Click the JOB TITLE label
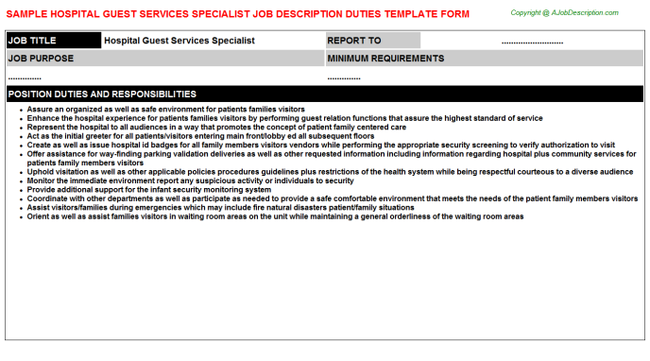pyautogui.click(x=31, y=41)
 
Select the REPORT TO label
pyautogui.click(x=354, y=41)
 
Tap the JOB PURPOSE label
pyautogui.click(x=40, y=59)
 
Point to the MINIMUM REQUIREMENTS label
pyautogui.click(x=385, y=59)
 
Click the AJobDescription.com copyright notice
pyautogui.click(x=565, y=12)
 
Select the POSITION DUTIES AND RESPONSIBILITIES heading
pyautogui.click(x=102, y=95)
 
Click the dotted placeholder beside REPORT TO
pyautogui.click(x=531, y=43)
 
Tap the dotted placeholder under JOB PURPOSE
pyautogui.click(x=25, y=77)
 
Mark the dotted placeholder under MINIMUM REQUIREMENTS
pyautogui.click(x=344, y=77)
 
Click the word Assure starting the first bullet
pyautogui.click(x=39, y=110)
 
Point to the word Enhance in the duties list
pyautogui.click(x=42, y=118)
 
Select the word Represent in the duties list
pyautogui.click(x=44, y=127)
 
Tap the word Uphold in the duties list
pyautogui.click(x=40, y=172)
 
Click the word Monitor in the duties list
pyautogui.click(x=42, y=180)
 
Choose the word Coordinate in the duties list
pyautogui.click(x=47, y=198)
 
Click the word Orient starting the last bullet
pyautogui.click(x=38, y=216)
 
